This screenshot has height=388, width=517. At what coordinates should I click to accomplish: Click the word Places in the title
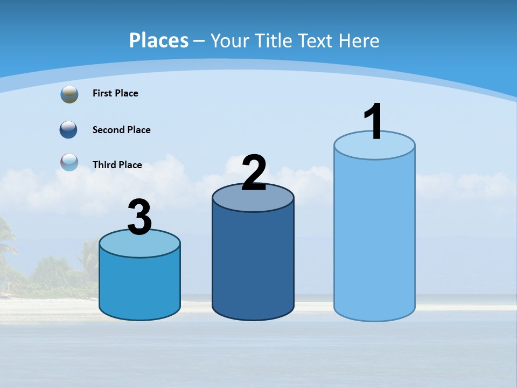pyautogui.click(x=158, y=40)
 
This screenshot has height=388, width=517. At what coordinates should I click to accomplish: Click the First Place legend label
pyautogui.click(x=115, y=93)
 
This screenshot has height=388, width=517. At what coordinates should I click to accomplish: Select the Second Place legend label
pyautogui.click(x=121, y=130)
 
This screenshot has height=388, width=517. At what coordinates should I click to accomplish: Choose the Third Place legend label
pyautogui.click(x=117, y=165)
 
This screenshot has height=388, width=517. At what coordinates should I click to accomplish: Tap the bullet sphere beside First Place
pyautogui.click(x=69, y=94)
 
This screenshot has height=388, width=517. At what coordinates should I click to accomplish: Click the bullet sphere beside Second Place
pyautogui.click(x=68, y=130)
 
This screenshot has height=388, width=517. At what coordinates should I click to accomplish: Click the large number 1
pyautogui.click(x=374, y=122)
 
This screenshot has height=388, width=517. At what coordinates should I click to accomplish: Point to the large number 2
pyautogui.click(x=254, y=173)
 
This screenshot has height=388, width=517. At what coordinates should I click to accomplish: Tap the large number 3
pyautogui.click(x=140, y=218)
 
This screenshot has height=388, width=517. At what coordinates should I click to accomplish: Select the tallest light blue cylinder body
pyautogui.click(x=374, y=237)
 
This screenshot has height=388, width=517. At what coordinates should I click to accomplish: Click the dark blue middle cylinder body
pyautogui.click(x=253, y=264)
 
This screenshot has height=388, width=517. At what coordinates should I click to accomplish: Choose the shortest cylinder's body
pyautogui.click(x=139, y=286)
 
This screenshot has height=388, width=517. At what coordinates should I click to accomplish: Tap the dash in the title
pyautogui.click(x=199, y=41)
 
